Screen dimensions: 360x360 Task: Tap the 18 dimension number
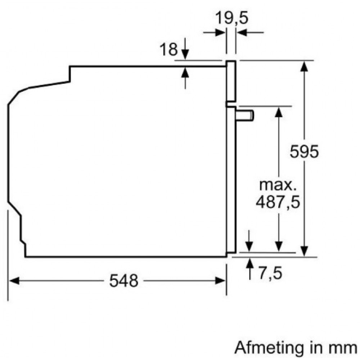[x=169, y=49]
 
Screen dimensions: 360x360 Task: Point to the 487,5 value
[x=278, y=202]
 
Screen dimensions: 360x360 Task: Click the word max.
[x=277, y=185]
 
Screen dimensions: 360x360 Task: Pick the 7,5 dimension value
[x=270, y=273]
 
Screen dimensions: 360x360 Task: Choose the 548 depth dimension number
[x=124, y=280]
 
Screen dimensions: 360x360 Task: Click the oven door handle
[x=245, y=115]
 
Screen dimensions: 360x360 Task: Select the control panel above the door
[x=231, y=81]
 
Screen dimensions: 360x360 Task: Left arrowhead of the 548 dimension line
[x=14, y=280]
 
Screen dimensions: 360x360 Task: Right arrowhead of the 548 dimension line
[x=220, y=280]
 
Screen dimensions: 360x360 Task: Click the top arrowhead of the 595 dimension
[x=304, y=67]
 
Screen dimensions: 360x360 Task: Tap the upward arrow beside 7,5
[x=250, y=269]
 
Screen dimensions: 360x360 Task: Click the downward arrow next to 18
[x=185, y=49]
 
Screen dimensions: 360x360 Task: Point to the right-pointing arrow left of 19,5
[x=214, y=32]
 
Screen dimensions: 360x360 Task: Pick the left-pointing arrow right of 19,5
[x=250, y=32]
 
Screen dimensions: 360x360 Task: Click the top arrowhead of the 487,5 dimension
[x=279, y=112]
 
